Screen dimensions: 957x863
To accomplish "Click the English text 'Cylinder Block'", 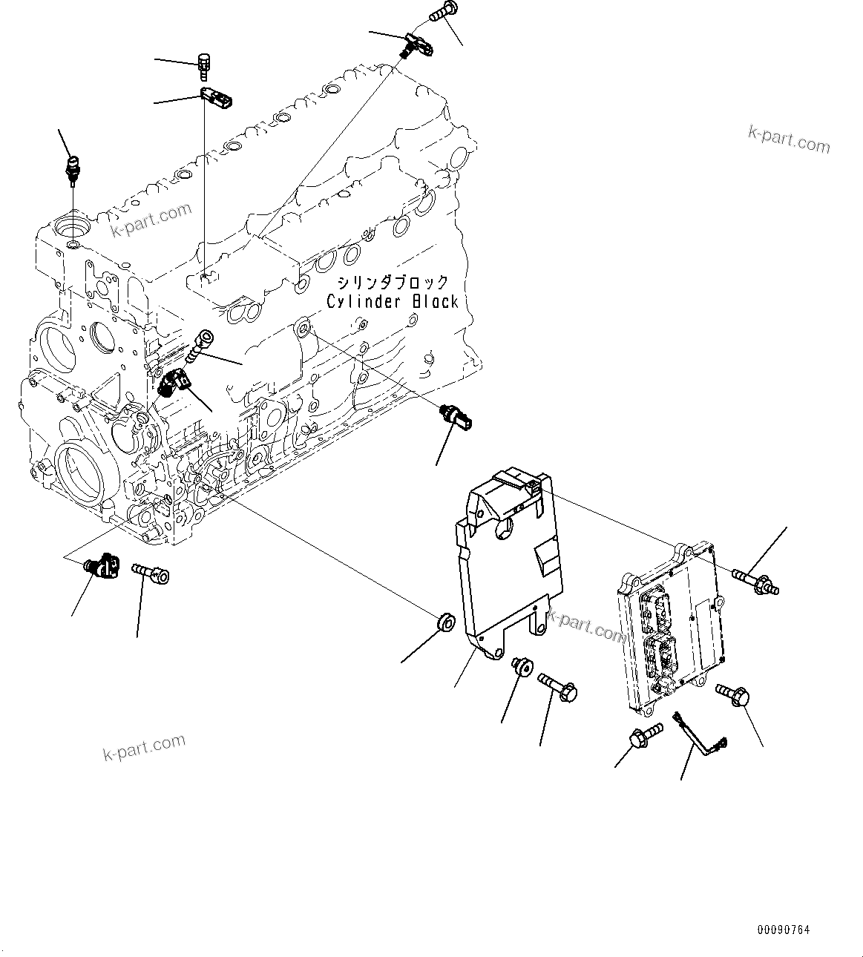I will pos(393,302).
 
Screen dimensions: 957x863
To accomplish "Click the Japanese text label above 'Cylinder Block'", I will pos(393,283).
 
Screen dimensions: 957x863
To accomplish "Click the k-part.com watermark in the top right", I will pos(789,139).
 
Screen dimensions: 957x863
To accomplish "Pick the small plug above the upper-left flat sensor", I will pos(204,65).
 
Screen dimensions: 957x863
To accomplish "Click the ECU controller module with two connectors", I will pos(668,631).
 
